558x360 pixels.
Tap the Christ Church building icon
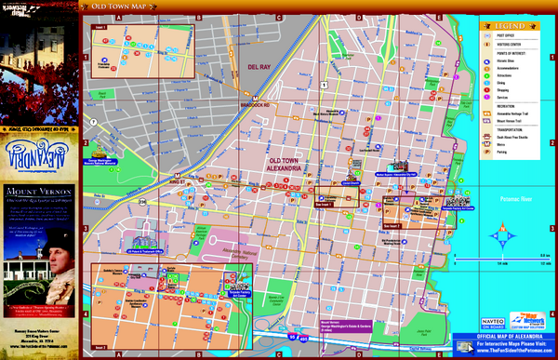(350, 176)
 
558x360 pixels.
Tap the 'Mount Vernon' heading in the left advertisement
(35, 188)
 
